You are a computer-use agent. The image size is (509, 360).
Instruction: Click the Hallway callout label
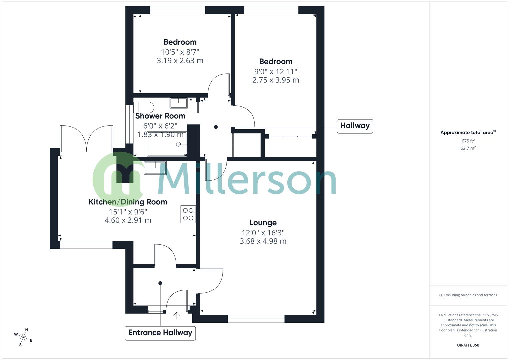tap(355, 126)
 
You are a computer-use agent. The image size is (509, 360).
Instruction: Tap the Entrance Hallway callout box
tap(160, 333)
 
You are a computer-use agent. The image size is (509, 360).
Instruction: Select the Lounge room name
tap(263, 223)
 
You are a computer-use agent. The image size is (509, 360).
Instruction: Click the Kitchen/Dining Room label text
tap(128, 202)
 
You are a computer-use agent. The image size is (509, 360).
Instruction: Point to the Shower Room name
tap(160, 116)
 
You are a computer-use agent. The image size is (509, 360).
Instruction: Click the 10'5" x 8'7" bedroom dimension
tap(180, 52)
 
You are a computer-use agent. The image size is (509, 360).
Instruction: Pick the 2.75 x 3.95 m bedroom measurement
tap(276, 80)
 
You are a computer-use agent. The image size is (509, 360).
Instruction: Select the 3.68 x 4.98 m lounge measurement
tap(263, 241)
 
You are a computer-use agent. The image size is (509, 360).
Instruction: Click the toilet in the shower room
tap(144, 108)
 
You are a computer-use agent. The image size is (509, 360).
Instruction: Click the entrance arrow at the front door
tap(177, 315)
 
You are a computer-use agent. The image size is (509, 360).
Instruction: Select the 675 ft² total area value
tap(468, 141)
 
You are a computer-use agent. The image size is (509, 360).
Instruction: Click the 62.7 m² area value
tap(468, 148)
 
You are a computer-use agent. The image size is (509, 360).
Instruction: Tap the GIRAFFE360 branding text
tap(468, 345)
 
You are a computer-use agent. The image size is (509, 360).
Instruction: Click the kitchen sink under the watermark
tap(155, 168)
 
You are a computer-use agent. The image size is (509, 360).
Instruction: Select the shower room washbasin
tap(179, 103)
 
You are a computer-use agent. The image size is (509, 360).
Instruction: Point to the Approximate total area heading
tap(468, 133)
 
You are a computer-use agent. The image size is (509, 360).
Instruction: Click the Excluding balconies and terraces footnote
tap(468, 295)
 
